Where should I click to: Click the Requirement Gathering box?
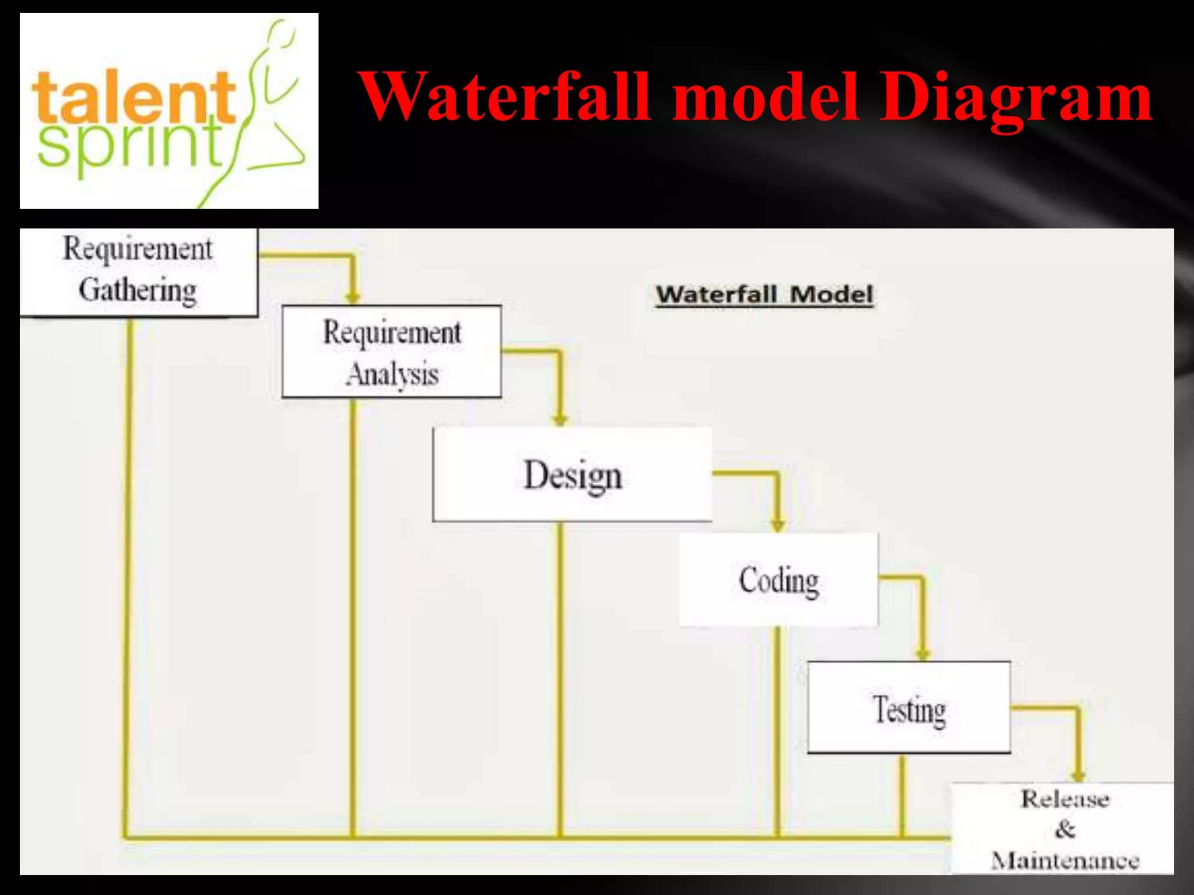click(x=138, y=272)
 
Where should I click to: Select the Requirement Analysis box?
click(x=391, y=351)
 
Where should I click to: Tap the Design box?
click(x=572, y=474)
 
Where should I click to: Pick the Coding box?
click(x=778, y=580)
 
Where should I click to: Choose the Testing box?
click(x=908, y=707)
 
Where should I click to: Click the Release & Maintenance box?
click(x=1062, y=829)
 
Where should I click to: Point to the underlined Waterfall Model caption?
click(x=764, y=294)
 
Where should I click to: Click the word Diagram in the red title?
click(x=1015, y=97)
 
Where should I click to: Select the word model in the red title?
click(x=765, y=97)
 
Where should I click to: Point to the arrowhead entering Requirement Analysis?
click(x=352, y=298)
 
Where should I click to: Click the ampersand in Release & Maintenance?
click(x=1065, y=829)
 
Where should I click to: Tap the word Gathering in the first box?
click(x=138, y=290)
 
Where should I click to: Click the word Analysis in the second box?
click(x=392, y=373)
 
